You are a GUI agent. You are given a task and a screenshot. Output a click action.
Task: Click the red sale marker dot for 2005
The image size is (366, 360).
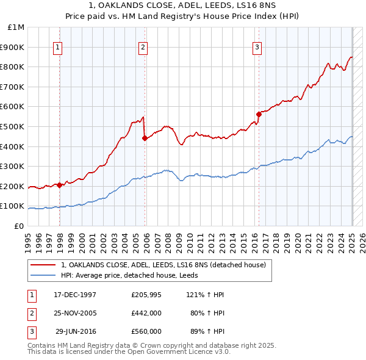pyautogui.click(x=145, y=138)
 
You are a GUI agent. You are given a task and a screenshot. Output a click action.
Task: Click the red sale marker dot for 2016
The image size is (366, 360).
pyautogui.click(x=259, y=113)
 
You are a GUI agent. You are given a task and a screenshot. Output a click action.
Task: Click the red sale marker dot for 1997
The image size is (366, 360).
pyautogui.click(x=59, y=185)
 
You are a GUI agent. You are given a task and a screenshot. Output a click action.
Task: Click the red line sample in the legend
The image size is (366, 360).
pyautogui.click(x=43, y=265)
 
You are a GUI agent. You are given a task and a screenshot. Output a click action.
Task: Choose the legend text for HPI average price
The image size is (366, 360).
pyautogui.click(x=134, y=276)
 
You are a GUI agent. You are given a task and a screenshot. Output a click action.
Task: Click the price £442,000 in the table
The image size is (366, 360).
pyautogui.click(x=146, y=313)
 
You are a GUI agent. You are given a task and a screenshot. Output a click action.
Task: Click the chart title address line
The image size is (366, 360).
pyautogui.click(x=182, y=7)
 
